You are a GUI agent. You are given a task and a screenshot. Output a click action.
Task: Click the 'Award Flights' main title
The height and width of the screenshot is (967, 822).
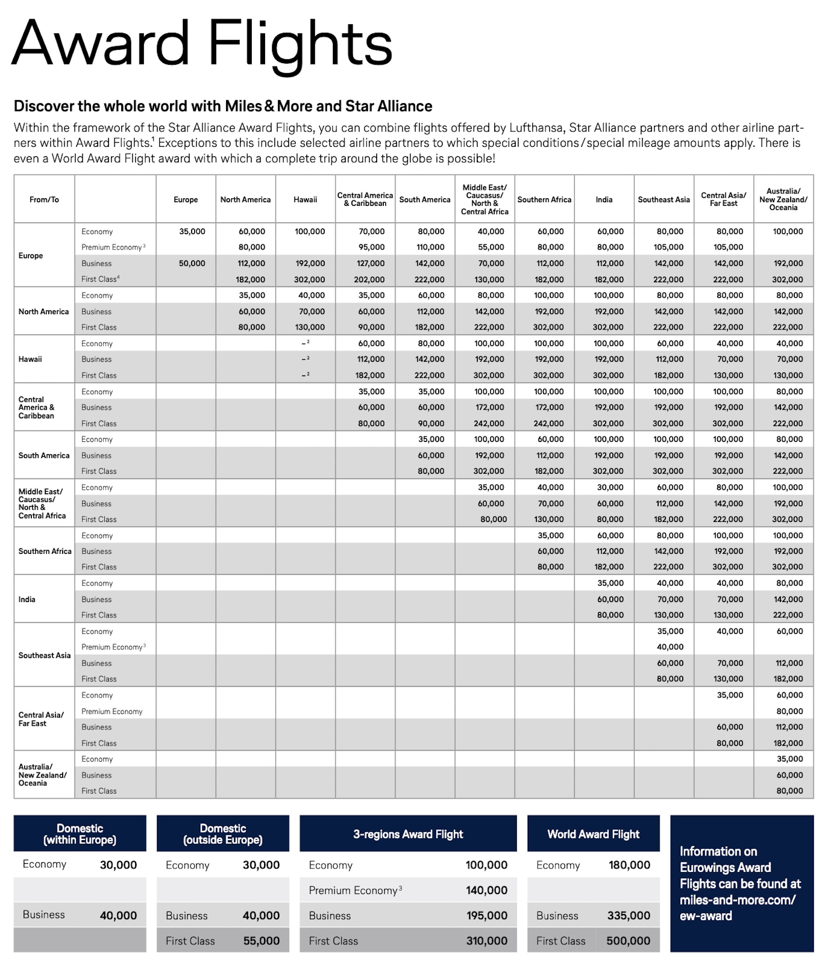pos(202,45)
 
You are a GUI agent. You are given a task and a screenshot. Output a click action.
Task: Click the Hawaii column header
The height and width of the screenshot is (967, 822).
pos(305,200)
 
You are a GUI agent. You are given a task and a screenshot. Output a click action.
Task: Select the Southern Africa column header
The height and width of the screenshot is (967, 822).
pos(544,200)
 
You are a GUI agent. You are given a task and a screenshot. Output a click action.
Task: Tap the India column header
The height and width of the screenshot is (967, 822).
pos(604,200)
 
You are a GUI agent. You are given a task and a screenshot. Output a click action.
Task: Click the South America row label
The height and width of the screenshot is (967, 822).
pos(44,455)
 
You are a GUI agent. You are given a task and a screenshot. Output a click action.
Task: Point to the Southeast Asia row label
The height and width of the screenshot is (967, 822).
pos(44,655)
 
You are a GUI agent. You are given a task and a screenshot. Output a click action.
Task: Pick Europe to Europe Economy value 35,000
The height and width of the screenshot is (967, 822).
pos(192,231)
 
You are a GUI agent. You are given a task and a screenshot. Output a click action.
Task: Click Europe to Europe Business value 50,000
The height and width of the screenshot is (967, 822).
pos(192,263)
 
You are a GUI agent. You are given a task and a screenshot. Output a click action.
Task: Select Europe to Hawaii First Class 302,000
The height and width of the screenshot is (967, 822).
pos(310,280)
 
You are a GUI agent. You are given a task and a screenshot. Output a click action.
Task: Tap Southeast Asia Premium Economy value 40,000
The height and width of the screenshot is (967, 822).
pos(670,647)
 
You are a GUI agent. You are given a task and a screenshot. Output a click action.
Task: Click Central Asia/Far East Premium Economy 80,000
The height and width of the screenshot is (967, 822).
pos(789,711)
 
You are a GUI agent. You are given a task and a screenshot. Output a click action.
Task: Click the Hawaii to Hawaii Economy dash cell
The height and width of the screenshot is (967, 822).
pos(305,343)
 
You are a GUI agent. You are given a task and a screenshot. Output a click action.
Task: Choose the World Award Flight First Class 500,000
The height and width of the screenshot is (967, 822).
pos(628,941)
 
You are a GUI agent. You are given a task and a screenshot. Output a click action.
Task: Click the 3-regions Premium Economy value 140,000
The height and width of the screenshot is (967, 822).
pos(486,891)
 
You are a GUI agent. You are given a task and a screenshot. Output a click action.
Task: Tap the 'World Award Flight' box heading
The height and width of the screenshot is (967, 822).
pos(593,834)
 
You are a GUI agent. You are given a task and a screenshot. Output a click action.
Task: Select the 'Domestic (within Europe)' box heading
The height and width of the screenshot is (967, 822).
pos(80,834)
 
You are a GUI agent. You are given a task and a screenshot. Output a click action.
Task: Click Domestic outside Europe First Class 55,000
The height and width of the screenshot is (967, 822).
pos(261,941)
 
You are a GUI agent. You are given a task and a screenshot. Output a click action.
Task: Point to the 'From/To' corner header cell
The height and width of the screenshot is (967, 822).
pos(44,200)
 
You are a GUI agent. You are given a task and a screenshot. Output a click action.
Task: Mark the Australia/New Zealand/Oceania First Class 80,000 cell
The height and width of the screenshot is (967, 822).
pos(789,791)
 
